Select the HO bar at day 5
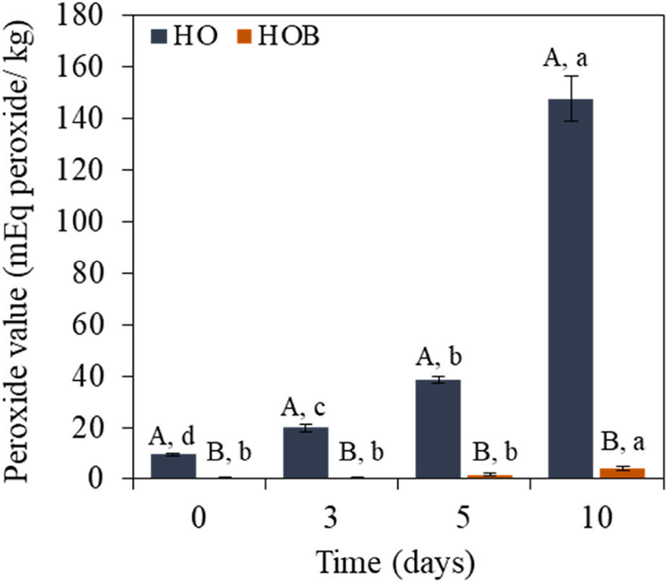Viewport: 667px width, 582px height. [438, 429]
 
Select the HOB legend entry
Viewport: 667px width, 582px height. [279, 37]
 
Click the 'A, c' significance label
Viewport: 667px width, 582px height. [305, 407]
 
